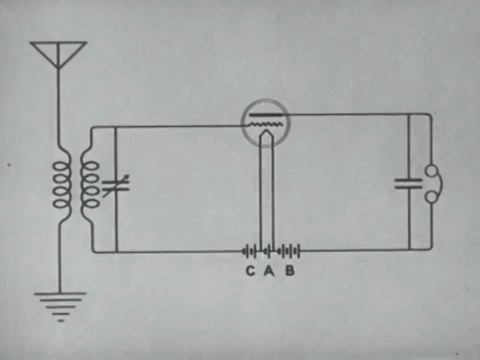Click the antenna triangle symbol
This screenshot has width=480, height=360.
[58, 52]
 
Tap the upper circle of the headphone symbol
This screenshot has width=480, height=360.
[433, 171]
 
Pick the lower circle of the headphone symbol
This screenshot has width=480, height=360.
[433, 196]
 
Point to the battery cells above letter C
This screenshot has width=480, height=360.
[249, 251]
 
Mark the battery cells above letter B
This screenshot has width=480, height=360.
[289, 251]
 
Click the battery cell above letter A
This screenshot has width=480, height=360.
[268, 251]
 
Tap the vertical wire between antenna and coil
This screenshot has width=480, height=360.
[59, 110]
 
